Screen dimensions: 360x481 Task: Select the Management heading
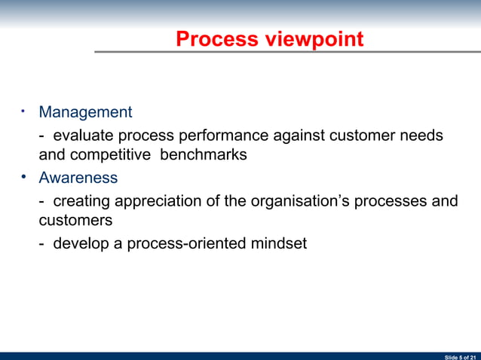85,112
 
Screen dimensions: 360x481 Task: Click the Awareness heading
78,178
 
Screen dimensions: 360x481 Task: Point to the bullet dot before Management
24,112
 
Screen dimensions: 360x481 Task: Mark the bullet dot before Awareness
24,178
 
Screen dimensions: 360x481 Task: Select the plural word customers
75,221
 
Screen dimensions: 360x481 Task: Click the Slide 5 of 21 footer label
461,355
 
